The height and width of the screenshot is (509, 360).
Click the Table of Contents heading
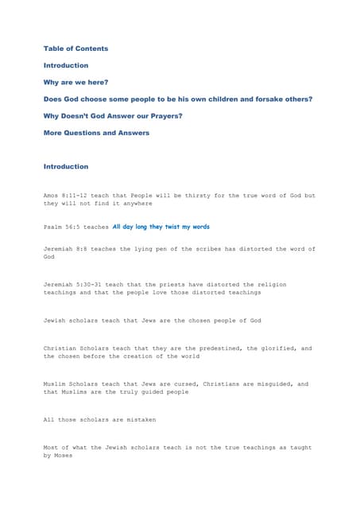pyautogui.click(x=75, y=49)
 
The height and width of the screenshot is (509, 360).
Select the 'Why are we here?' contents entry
pyautogui.click(x=75, y=82)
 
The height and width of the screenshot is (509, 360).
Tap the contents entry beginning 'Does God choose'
pyautogui.click(x=177, y=99)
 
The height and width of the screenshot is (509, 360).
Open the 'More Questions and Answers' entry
pyautogui.click(x=96, y=133)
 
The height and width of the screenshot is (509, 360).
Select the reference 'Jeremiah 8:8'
pyautogui.click(x=66, y=249)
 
